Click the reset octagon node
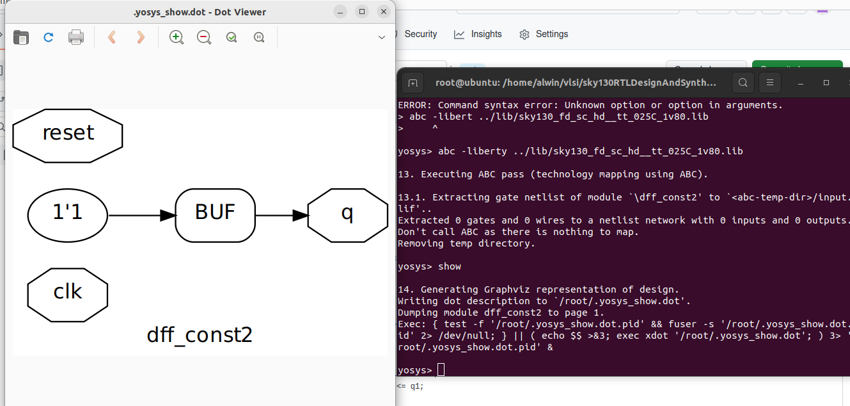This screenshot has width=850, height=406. (68, 134)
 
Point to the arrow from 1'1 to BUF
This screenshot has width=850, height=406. (141, 216)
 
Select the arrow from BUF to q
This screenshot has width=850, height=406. (281, 216)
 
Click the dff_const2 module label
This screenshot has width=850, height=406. (200, 335)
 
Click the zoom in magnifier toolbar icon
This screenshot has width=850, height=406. (177, 37)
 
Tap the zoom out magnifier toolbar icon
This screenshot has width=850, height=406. (204, 37)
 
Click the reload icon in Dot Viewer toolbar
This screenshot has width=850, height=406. (49, 37)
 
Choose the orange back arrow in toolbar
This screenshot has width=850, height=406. (112, 37)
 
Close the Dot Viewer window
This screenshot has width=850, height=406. (384, 12)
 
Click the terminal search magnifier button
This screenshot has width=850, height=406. (743, 83)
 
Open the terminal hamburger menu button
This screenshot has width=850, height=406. (770, 83)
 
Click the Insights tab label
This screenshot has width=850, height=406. (486, 34)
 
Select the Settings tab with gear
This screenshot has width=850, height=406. (551, 34)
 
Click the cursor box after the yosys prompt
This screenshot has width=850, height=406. (441, 369)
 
